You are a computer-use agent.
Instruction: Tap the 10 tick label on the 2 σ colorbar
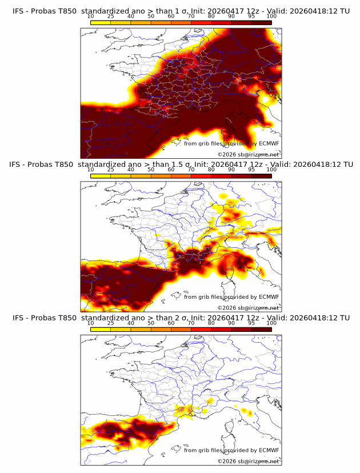(91, 323)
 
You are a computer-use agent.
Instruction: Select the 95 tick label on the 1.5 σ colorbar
(251, 170)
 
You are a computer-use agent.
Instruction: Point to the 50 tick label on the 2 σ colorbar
(151, 323)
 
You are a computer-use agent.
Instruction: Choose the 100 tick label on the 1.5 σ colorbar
(271, 170)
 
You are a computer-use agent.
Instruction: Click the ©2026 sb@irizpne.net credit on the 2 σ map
(248, 461)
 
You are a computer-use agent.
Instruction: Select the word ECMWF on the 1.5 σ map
(269, 297)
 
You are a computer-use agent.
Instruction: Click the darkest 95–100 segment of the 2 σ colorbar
(261, 330)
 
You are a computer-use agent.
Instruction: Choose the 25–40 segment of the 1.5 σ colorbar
(121, 176)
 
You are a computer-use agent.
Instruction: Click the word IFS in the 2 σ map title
(18, 318)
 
